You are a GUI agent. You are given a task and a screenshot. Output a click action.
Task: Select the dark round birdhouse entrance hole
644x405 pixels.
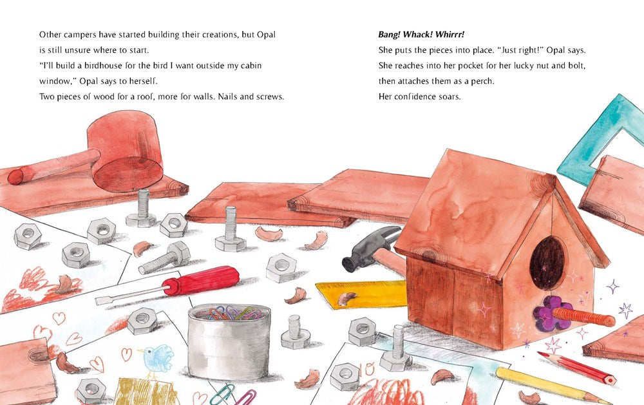(547, 263)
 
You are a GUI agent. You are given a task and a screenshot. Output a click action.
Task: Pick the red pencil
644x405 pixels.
(576, 367)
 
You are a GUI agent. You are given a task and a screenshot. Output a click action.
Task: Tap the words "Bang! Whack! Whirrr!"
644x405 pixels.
(421, 35)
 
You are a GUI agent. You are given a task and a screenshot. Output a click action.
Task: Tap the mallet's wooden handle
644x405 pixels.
(53, 167)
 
